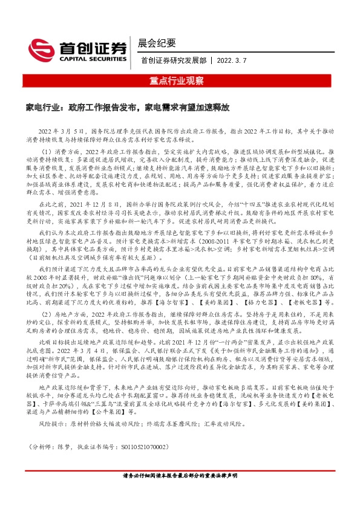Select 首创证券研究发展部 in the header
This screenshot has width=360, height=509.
[173, 60]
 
